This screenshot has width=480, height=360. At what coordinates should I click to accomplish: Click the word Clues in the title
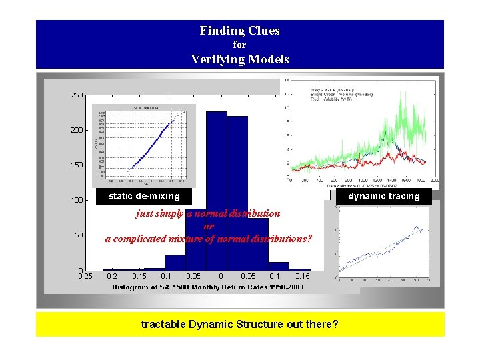tap(263, 31)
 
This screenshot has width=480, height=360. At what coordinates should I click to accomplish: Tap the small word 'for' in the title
tap(239, 45)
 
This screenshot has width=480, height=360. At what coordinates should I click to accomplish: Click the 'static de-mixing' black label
tap(144, 196)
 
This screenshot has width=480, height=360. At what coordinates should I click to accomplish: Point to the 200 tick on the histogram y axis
tap(77, 130)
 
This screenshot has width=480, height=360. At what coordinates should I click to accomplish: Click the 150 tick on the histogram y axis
tap(77, 165)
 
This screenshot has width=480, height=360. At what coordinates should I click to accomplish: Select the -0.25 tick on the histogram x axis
tap(83, 276)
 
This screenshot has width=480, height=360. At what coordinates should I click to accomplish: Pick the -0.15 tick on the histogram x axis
tap(137, 276)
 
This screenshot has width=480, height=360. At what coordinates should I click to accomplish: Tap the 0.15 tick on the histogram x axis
tap(303, 276)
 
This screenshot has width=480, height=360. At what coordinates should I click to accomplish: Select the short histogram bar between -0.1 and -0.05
tap(175, 263)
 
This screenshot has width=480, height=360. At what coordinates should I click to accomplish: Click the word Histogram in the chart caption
tap(135, 287)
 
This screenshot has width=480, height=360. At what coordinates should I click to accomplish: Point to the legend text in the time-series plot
tap(340, 93)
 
